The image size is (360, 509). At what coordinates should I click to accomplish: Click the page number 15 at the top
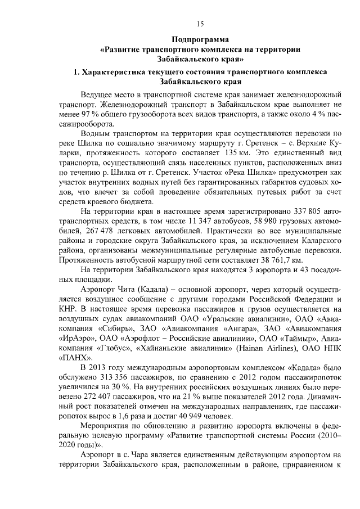(200, 23)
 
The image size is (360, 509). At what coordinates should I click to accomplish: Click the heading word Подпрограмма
(200, 39)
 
